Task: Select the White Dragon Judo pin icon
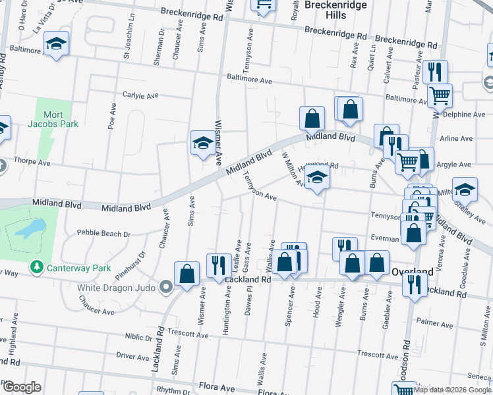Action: click(x=165, y=287)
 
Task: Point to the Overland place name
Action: click(x=411, y=271)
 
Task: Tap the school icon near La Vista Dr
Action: click(x=57, y=44)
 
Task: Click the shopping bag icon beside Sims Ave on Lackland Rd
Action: click(x=187, y=274)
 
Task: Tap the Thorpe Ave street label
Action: click(x=32, y=161)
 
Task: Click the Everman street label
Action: click(x=384, y=239)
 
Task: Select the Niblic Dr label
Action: click(x=138, y=336)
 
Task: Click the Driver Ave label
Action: click(x=134, y=357)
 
